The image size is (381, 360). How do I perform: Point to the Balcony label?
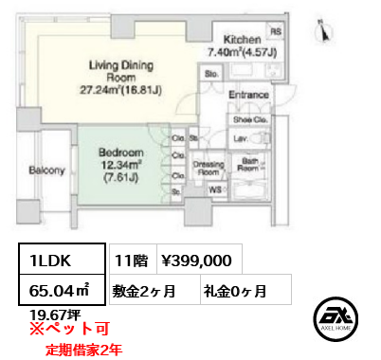click(46, 171)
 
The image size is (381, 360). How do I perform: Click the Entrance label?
click(249, 96)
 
